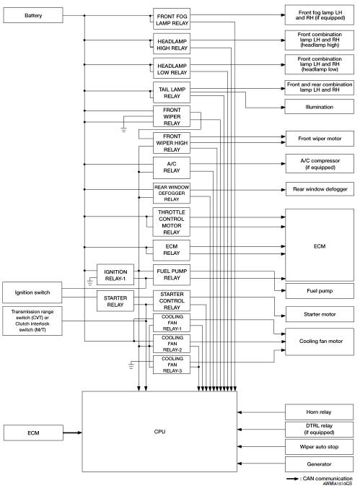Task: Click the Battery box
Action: point(33,16)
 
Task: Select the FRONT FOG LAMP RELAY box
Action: point(172,17)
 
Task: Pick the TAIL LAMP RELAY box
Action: point(172,91)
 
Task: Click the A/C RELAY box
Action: point(172,168)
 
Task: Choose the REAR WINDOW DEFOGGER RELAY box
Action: point(172,193)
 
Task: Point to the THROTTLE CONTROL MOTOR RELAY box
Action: point(172,222)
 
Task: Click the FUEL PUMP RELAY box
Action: point(172,275)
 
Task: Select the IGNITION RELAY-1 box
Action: point(115,274)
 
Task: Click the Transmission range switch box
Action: point(33,321)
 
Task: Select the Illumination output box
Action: point(319,108)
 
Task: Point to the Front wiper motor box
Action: point(319,137)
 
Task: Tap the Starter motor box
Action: point(319,314)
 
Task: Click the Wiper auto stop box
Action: point(319,447)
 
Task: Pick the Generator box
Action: point(319,464)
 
